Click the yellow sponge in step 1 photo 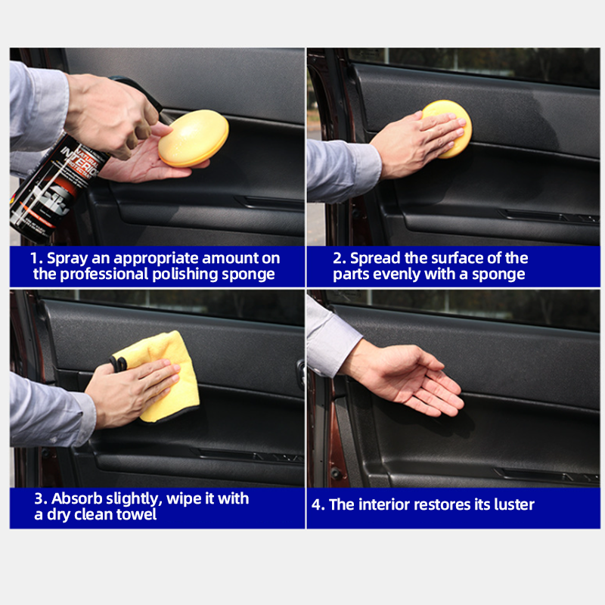193,138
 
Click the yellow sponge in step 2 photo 448,126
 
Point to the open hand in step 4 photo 408,376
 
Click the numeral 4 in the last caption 317,504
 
